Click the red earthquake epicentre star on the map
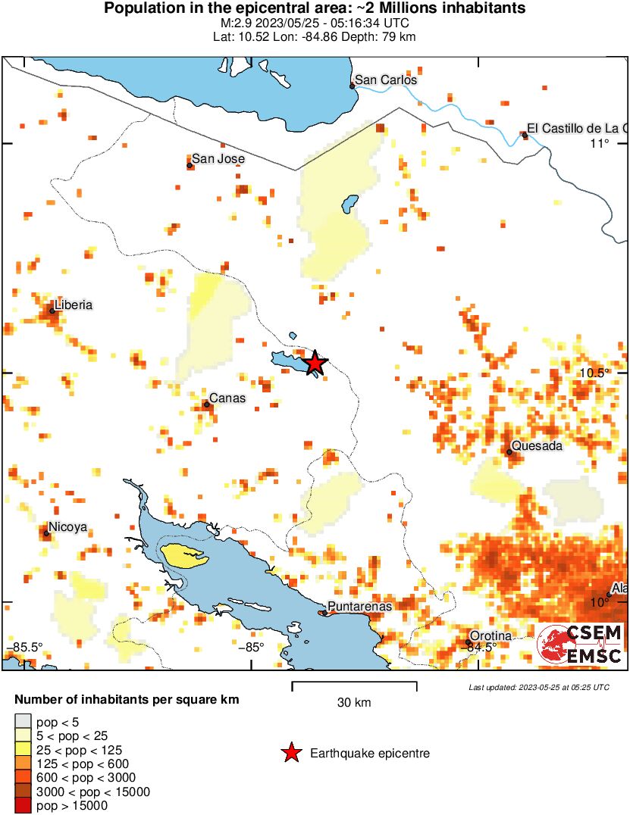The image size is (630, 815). coord(315,364)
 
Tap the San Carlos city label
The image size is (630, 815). coord(386,80)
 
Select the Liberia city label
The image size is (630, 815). coord(73,304)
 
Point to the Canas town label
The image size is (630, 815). coord(227,398)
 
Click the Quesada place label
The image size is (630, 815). coord(537,446)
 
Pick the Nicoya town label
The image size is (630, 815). coord(67,527)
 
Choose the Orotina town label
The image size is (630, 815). coord(491,635)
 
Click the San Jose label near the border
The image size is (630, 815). coord(218,159)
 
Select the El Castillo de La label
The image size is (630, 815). coord(576,128)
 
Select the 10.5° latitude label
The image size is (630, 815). coord(595,373)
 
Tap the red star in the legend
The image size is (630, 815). coord(290,753)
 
